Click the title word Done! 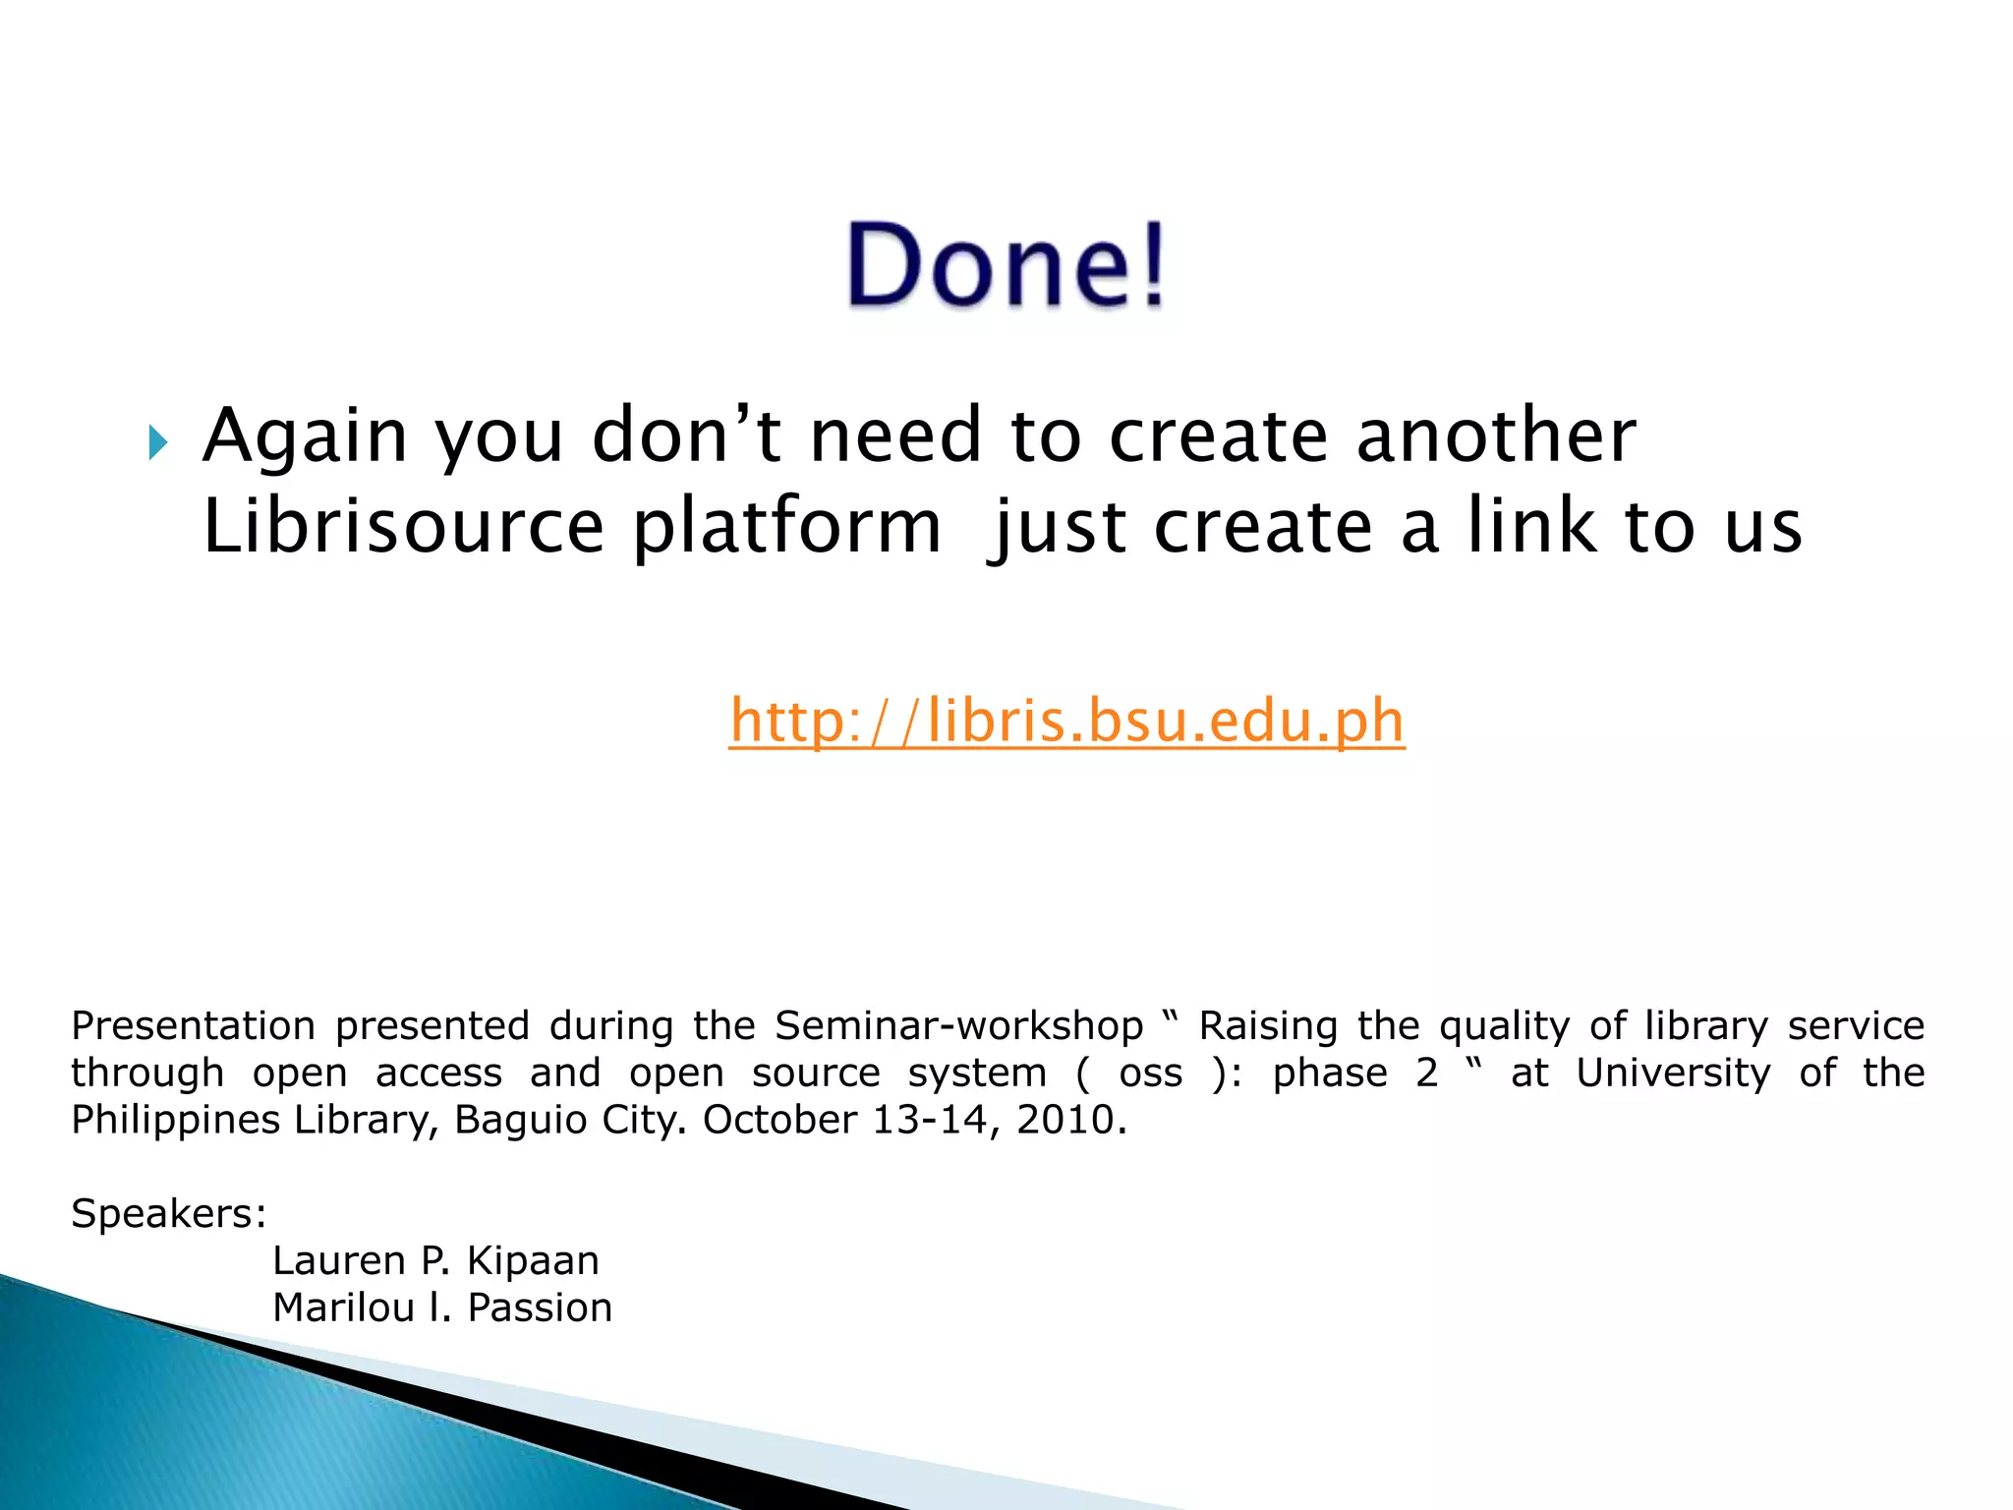click(1006, 265)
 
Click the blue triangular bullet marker click(157, 443)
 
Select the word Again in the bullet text click(305, 436)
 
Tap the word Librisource click(403, 527)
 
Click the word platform click(786, 529)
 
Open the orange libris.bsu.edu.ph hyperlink click(1066, 721)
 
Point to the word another click(1496, 436)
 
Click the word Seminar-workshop click(958, 1026)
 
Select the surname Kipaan click(532, 1260)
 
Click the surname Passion click(540, 1307)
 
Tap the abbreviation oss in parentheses click(1150, 1073)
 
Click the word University click(1673, 1073)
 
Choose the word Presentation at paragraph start click(193, 1026)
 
